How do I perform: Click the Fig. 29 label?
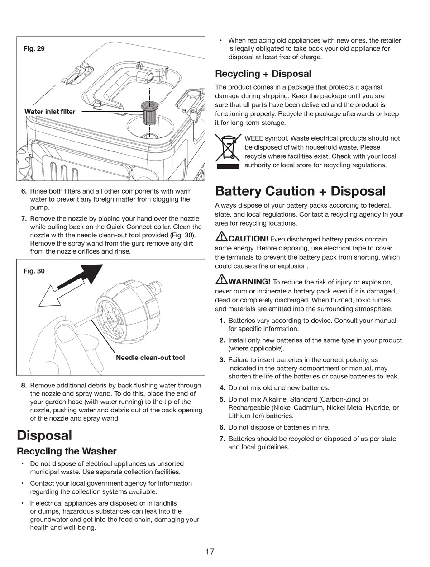pyautogui.click(x=34, y=48)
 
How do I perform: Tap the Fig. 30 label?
pyautogui.click(x=34, y=271)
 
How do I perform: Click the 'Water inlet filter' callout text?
pyautogui.click(x=50, y=111)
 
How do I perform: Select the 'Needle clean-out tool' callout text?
pyautogui.click(x=150, y=358)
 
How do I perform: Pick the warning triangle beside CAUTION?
pyautogui.click(x=221, y=237)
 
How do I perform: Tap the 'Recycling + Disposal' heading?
pyautogui.click(x=263, y=73)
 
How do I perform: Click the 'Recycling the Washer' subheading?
pyautogui.click(x=67, y=451)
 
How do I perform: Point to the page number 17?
pyautogui.click(x=210, y=552)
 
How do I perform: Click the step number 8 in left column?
pyautogui.click(x=24, y=386)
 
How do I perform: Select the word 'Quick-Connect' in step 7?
pyautogui.click(x=126, y=227)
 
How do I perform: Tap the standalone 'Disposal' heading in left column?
pyautogui.click(x=44, y=435)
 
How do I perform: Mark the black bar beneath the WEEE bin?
pyautogui.click(x=228, y=166)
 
